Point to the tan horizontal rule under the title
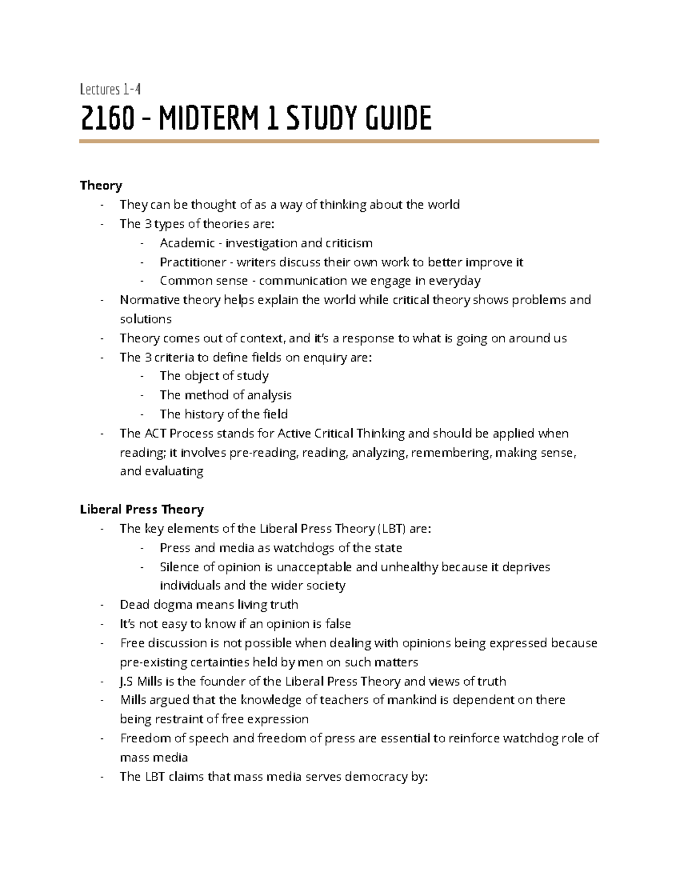(x=339, y=141)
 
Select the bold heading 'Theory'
(x=101, y=185)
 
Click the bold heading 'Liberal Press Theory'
(x=142, y=509)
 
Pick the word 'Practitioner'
(x=193, y=262)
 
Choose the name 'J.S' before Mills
(x=127, y=681)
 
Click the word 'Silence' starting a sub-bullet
(x=179, y=567)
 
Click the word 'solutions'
(x=146, y=319)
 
